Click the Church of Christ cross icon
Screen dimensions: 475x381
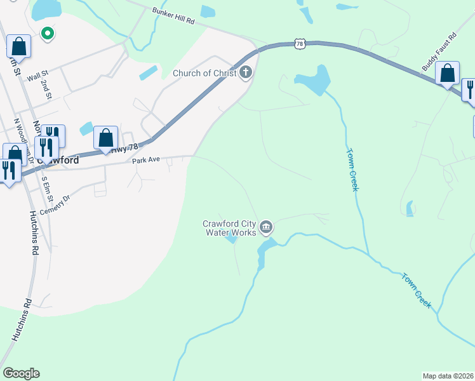[246, 73]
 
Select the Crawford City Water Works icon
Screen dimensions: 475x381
[267, 227]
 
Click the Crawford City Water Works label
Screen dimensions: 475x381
[229, 227]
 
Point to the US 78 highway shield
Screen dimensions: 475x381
[300, 43]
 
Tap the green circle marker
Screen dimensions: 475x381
[46, 33]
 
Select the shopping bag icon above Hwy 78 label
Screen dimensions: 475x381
[106, 138]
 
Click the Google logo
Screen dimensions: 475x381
[21, 373]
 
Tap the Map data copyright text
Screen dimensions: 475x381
[448, 376]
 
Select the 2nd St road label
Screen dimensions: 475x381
[46, 90]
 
